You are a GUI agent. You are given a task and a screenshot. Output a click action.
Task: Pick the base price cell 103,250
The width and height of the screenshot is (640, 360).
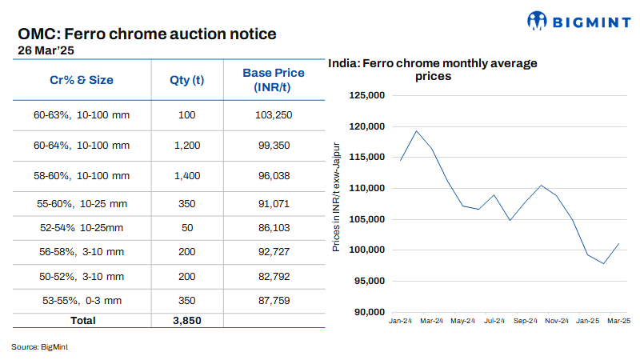click(274, 115)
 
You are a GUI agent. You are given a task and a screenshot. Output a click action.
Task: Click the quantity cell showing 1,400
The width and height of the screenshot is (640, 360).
click(187, 175)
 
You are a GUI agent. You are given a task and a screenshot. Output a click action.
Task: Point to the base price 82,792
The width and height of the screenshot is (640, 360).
click(274, 276)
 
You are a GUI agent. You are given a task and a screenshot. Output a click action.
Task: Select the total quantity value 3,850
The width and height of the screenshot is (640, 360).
click(187, 320)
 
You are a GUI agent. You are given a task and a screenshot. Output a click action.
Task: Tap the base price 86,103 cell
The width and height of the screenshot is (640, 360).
click(274, 228)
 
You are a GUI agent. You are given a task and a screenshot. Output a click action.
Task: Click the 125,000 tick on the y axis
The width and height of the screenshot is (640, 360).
click(369, 96)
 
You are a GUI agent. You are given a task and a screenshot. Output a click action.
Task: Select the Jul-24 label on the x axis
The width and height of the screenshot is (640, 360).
click(494, 321)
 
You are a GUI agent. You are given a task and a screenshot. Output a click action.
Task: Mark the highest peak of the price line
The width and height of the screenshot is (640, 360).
click(416, 131)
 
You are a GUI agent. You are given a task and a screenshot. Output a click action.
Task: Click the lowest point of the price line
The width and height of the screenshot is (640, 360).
click(603, 263)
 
